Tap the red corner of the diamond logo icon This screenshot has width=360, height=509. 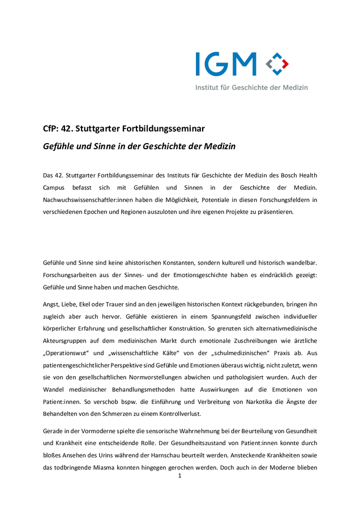point(285,63)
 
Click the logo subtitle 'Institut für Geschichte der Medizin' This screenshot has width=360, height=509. point(252,88)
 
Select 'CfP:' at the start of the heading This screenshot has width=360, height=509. point(52,128)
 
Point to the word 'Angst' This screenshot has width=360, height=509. point(52,304)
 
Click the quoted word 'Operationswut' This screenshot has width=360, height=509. point(68,352)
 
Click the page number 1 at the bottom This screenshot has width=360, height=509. point(179,477)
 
